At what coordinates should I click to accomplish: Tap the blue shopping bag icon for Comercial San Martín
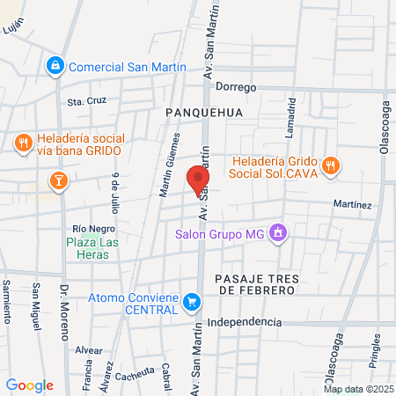(x=55, y=66)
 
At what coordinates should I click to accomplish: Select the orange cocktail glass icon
(x=57, y=181)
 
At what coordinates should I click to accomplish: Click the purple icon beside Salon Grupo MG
(x=278, y=233)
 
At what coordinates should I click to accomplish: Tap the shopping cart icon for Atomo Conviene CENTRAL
(x=192, y=303)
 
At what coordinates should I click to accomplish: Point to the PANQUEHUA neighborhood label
(x=202, y=113)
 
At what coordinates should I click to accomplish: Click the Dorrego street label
(x=236, y=88)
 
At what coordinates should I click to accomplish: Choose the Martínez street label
(x=352, y=204)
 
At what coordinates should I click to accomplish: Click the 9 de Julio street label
(x=115, y=193)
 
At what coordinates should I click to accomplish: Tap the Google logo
(x=29, y=385)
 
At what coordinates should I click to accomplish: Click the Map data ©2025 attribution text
(x=356, y=389)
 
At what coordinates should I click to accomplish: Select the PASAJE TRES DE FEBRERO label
(x=252, y=283)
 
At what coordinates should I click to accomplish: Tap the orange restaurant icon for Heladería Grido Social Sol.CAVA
(x=331, y=165)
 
